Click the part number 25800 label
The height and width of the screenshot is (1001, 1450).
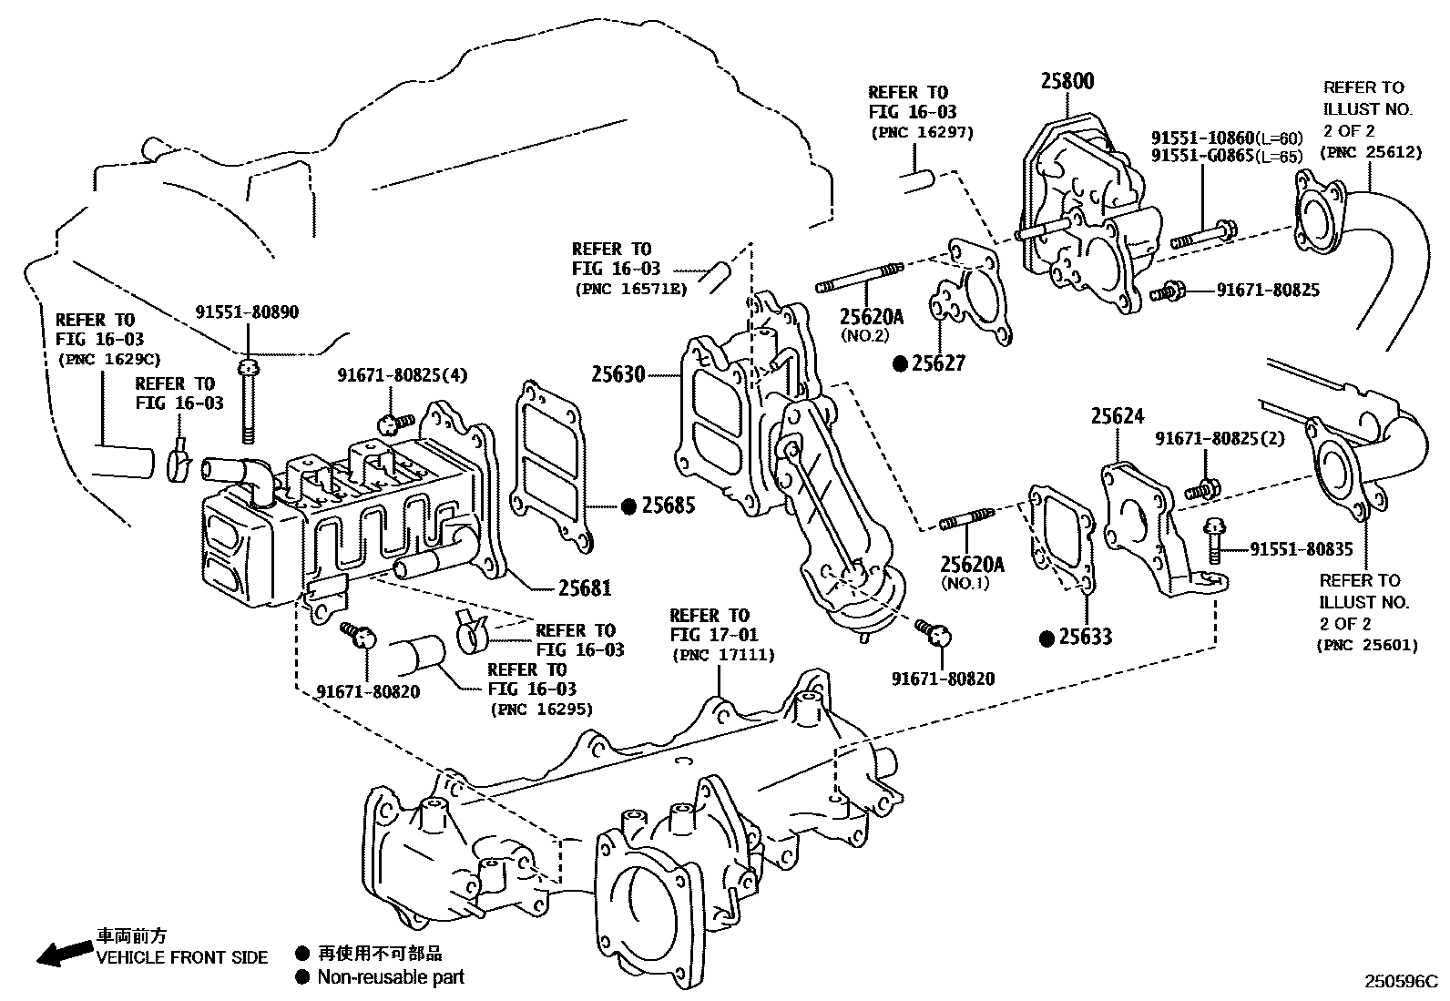1067,81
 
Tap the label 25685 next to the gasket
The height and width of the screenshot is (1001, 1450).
669,506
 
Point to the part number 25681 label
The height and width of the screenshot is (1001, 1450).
585,588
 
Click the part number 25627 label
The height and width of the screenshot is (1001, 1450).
939,363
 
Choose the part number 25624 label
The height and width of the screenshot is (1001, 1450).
1118,416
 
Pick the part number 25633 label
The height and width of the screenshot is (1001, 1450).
1086,637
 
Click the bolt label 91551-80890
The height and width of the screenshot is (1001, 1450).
247,312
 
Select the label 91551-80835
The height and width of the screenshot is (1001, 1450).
1301,549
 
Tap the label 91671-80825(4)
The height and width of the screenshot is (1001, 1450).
392,374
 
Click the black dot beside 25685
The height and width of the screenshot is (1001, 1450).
628,506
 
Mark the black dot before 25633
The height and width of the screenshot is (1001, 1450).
1047,638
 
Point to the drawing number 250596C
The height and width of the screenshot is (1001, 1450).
1399,982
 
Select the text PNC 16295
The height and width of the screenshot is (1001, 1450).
541,709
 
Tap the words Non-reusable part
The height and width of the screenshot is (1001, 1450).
390,977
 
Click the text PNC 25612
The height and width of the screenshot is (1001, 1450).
1373,152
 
